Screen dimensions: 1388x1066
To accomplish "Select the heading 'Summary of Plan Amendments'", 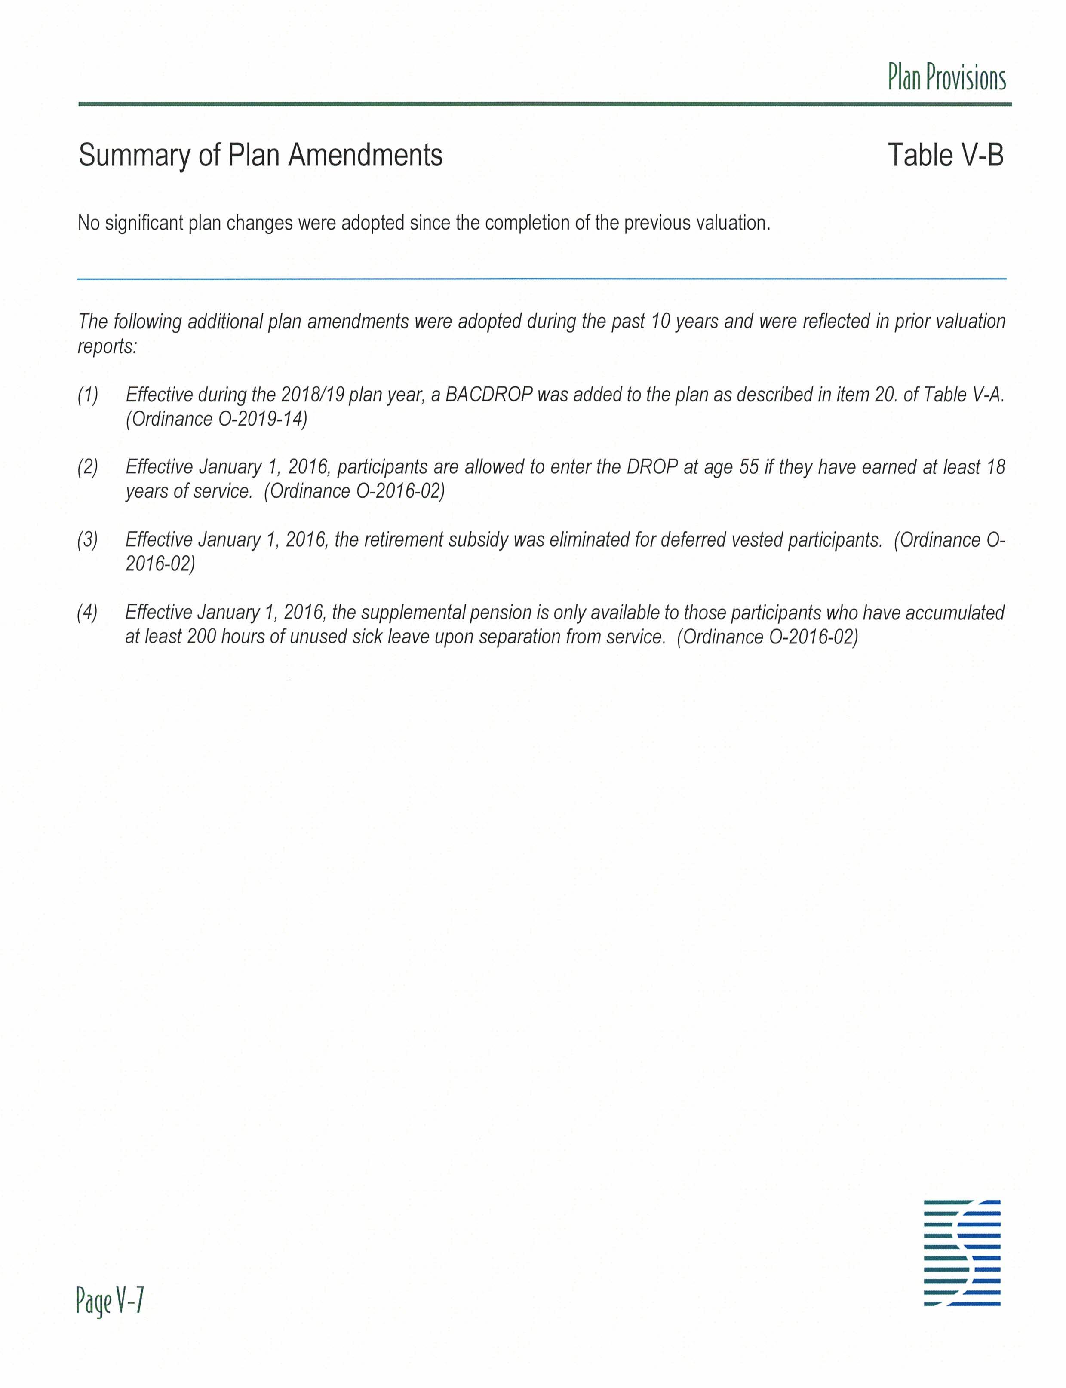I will point(260,156).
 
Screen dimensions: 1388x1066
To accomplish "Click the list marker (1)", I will point(88,395).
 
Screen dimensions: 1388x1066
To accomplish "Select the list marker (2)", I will point(88,468).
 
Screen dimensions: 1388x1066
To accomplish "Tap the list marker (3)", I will point(88,540).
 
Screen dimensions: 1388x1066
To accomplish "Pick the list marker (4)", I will point(88,613).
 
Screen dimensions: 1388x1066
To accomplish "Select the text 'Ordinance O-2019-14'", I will point(216,419).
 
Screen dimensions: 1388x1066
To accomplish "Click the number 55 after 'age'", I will point(749,468).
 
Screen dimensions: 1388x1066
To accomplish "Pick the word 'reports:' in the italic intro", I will point(107,347).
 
